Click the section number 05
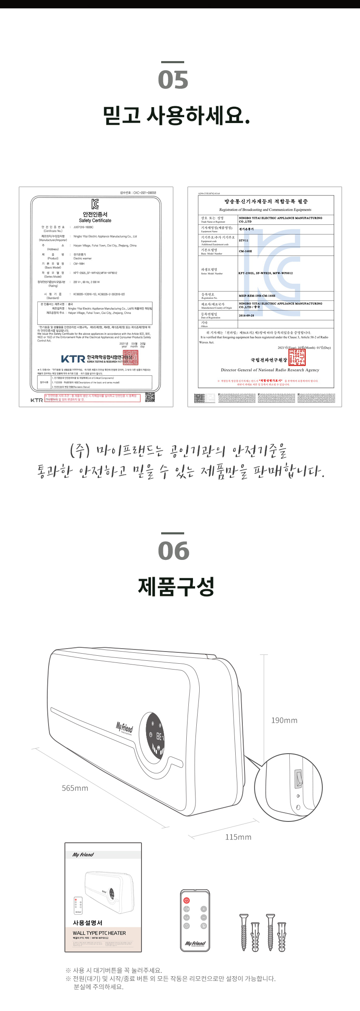[x=173, y=80]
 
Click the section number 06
[x=173, y=551]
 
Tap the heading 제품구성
[x=176, y=587]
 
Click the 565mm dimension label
[x=75, y=788]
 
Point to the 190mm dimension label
[x=284, y=720]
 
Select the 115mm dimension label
[x=238, y=837]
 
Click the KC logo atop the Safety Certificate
[x=95, y=204]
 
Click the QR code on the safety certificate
[x=150, y=397]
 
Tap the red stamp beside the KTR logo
[x=131, y=357]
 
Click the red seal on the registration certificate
[x=297, y=357]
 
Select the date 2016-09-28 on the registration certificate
[x=247, y=316]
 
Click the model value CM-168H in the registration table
[x=245, y=251]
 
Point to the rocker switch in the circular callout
[x=298, y=778]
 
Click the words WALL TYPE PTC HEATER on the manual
[x=99, y=933]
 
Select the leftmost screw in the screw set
[x=244, y=932]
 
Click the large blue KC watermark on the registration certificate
[x=272, y=272]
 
